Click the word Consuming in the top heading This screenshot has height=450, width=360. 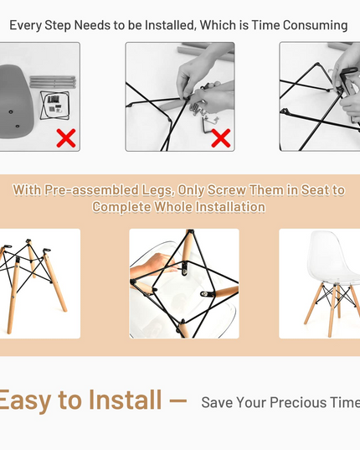coord(316,25)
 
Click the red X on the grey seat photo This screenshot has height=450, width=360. coord(66,138)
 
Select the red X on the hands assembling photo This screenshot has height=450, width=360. coord(221,138)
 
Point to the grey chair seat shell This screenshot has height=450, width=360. coord(16,101)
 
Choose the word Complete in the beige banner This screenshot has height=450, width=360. coord(121,207)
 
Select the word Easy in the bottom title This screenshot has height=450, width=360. coord(25,400)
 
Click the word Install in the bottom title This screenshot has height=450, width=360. coord(125,399)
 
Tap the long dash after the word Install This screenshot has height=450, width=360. coord(178,400)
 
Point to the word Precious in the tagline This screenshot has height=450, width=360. coord(298,402)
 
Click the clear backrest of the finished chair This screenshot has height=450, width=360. coord(334,252)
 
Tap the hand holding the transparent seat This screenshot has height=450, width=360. coord(152,266)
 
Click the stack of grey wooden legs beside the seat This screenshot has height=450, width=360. coord(53,82)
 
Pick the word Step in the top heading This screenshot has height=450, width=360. coord(58,26)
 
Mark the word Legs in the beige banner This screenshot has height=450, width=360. coord(158,190)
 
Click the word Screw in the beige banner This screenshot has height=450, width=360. coord(226,190)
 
